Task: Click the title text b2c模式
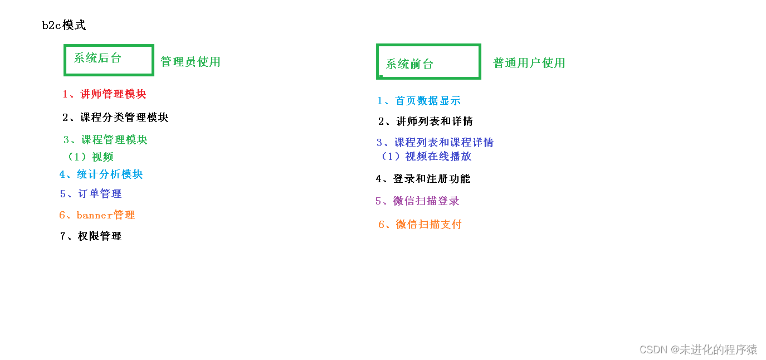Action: [64, 26]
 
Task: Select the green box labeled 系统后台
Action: [109, 60]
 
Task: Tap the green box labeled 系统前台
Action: [428, 62]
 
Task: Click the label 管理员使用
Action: [191, 62]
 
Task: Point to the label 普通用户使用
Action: [529, 63]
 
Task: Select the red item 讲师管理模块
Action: [104, 94]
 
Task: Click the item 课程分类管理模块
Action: [115, 118]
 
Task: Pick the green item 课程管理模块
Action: [105, 140]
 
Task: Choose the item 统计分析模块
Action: [101, 174]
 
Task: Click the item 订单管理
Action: [91, 194]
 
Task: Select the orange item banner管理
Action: [97, 215]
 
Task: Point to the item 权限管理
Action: [91, 236]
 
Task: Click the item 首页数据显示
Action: [419, 101]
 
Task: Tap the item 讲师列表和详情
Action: [426, 121]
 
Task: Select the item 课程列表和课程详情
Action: [435, 143]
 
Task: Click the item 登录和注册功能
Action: [423, 179]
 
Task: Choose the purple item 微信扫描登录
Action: [417, 201]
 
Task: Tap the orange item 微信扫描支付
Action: [420, 225]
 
